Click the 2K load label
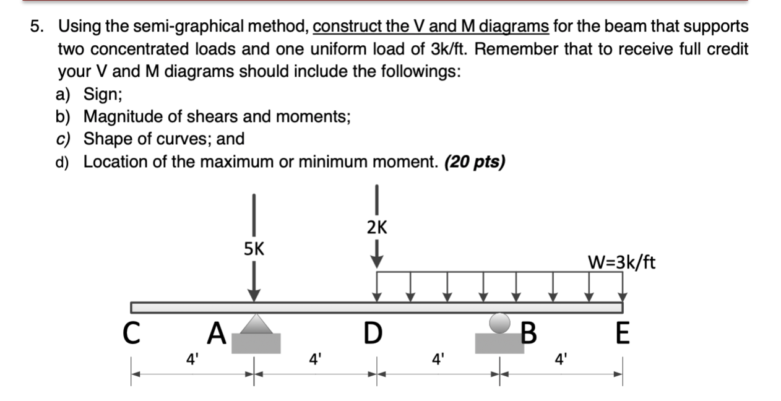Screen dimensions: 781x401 (x=377, y=228)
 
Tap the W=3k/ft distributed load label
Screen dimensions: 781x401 (x=621, y=263)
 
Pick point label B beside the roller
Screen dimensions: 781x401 (x=527, y=335)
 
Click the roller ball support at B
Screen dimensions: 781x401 (x=500, y=322)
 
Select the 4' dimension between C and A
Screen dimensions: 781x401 (x=192, y=357)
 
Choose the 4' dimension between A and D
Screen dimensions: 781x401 (x=316, y=357)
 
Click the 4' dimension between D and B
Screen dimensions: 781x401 (x=438, y=357)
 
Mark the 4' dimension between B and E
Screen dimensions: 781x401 (x=561, y=357)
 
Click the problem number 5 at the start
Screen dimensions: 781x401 (x=38, y=27)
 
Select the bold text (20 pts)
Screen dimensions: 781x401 (x=475, y=162)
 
